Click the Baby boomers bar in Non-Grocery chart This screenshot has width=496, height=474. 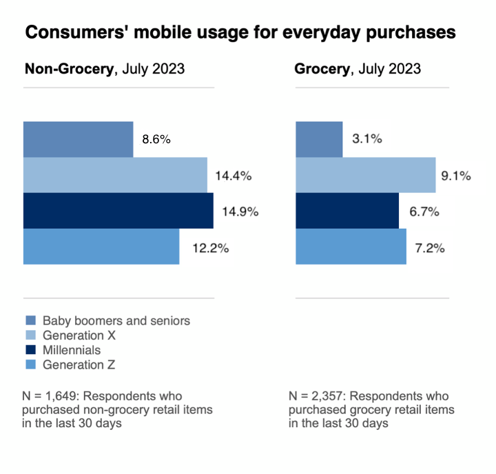coord(78,139)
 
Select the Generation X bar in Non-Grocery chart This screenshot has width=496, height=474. coord(115,175)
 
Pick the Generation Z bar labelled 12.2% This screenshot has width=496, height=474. coord(101,247)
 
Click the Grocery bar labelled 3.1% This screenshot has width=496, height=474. coord(319,139)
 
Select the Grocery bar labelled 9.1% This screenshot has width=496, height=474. coord(366,175)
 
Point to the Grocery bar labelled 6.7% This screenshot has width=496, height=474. coord(347,211)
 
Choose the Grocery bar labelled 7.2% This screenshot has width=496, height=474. coord(351,247)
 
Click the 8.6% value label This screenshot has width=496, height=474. coord(156,139)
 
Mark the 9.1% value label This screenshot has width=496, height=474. coord(456,176)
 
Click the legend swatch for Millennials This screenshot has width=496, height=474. coord(30,350)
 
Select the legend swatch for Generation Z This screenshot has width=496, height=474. coord(30,365)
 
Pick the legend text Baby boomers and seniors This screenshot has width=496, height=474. coord(116,320)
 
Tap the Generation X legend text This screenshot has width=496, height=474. coord(79,336)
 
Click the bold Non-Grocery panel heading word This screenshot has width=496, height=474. coord(69,70)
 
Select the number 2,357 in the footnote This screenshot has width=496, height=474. coord(329,396)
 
